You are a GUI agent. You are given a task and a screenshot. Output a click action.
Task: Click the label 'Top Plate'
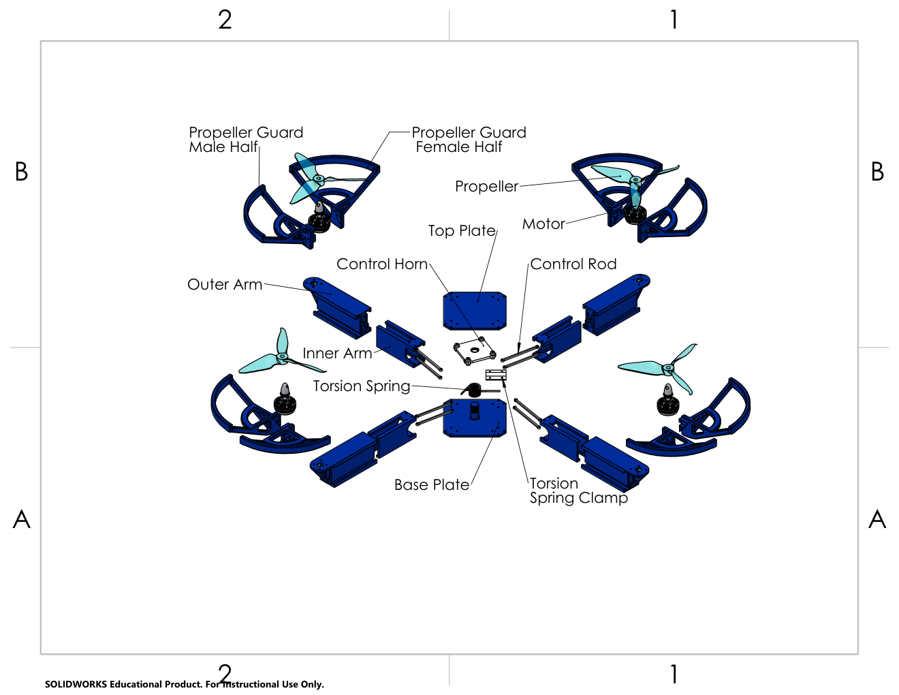462,231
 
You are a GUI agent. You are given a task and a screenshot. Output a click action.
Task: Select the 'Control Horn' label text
382,264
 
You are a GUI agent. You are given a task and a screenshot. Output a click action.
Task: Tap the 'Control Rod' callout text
573,264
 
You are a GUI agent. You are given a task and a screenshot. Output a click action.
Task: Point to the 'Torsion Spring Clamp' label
579,491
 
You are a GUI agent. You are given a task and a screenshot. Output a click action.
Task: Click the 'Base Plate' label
432,484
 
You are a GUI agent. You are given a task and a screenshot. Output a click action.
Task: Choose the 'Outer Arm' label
225,284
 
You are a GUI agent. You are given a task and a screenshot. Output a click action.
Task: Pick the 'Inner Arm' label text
337,354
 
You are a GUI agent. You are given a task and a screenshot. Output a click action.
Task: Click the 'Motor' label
543,224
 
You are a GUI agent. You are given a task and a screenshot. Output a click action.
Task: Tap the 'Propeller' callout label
486,187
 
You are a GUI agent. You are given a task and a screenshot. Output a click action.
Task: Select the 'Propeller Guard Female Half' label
469,140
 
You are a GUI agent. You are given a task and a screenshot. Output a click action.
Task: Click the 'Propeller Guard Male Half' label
246,140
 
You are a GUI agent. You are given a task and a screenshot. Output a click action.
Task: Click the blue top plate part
475,311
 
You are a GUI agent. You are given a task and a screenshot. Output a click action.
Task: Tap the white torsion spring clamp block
496,375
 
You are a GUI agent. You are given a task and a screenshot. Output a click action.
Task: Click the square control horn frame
474,351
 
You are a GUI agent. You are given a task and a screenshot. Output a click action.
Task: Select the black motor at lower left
285,401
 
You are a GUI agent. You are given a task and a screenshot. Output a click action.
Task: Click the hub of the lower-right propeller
667,367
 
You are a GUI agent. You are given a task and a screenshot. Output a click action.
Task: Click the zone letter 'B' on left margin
22,172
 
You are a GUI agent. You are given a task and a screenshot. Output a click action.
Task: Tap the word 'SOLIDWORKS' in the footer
76,684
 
